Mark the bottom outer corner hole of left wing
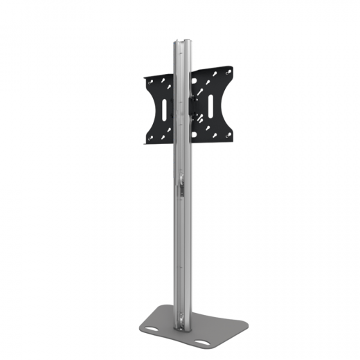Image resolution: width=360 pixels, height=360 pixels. pos(148,138)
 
